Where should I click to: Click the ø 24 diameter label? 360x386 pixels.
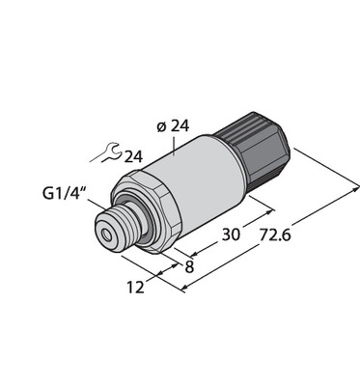click(x=173, y=126)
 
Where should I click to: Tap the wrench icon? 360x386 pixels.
click(x=106, y=152)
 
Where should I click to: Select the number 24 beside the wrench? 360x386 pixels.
click(x=133, y=156)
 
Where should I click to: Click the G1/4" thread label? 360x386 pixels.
click(x=65, y=194)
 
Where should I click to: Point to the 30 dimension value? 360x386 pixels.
click(x=231, y=234)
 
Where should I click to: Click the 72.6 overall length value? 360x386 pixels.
click(x=274, y=234)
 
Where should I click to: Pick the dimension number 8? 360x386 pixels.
click(x=189, y=266)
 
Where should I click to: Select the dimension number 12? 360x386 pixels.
click(x=135, y=288)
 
